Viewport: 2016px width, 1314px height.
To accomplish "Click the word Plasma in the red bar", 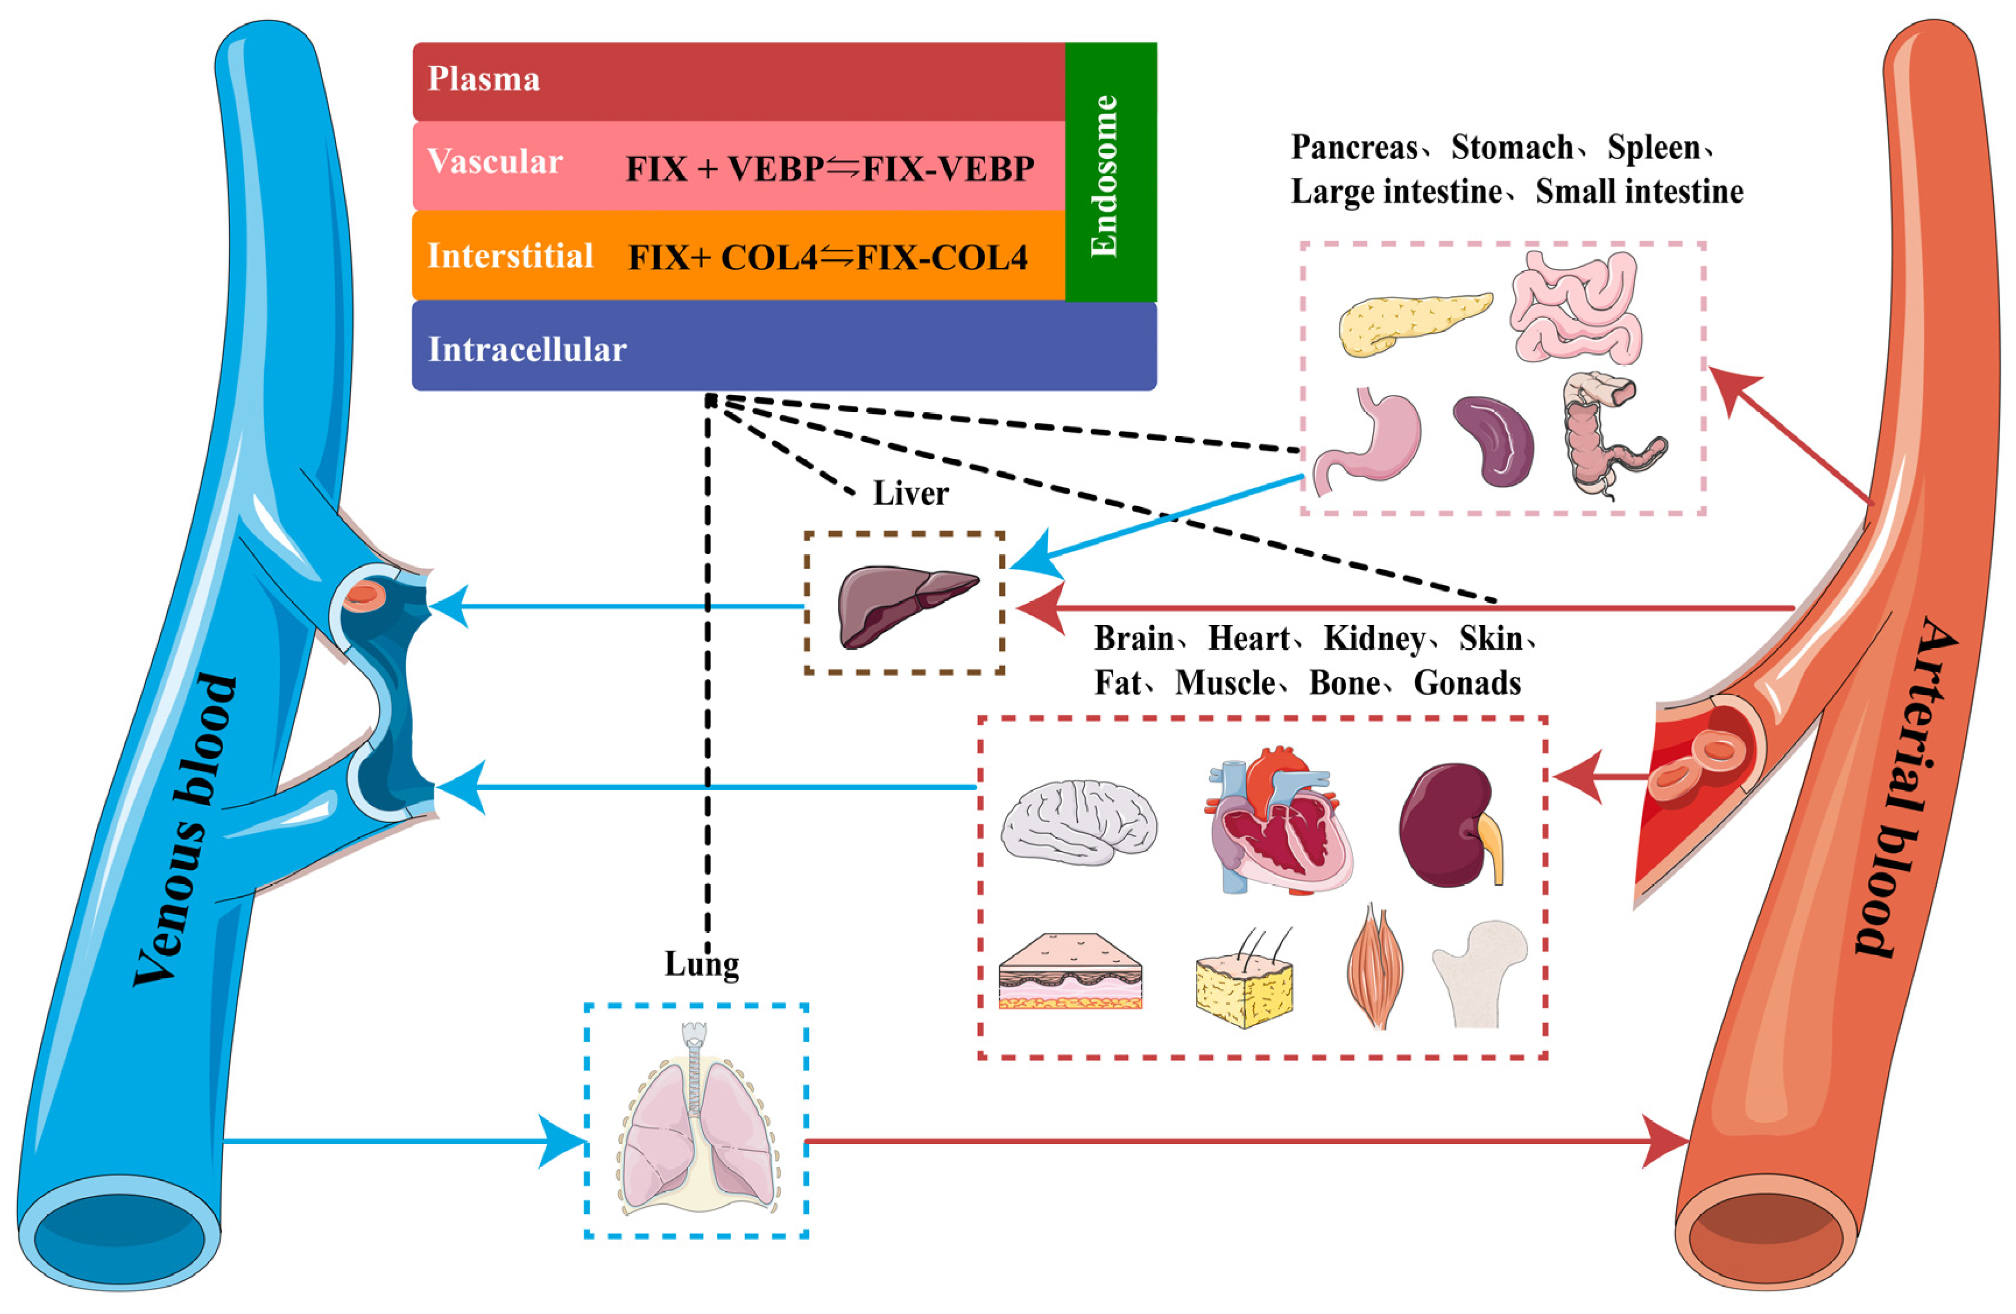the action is (483, 79).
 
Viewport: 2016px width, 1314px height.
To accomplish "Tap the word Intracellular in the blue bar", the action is (527, 349).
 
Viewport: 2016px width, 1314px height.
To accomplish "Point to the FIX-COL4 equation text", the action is (828, 257).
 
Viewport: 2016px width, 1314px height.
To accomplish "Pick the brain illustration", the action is (1078, 822).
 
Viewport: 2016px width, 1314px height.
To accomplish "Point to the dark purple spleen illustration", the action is (1494, 440).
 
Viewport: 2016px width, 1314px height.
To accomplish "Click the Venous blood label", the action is (185, 829).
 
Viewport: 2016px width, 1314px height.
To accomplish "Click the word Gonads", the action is (1467, 683).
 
